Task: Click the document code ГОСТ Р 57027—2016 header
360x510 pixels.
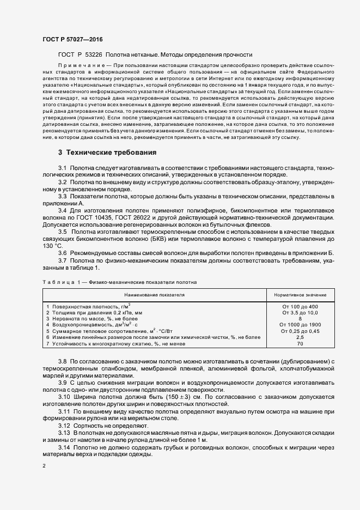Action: (x=72, y=40)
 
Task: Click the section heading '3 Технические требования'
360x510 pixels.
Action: (x=108, y=152)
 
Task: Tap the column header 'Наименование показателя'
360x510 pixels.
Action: (x=155, y=295)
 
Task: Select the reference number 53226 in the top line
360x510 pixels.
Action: (x=92, y=54)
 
